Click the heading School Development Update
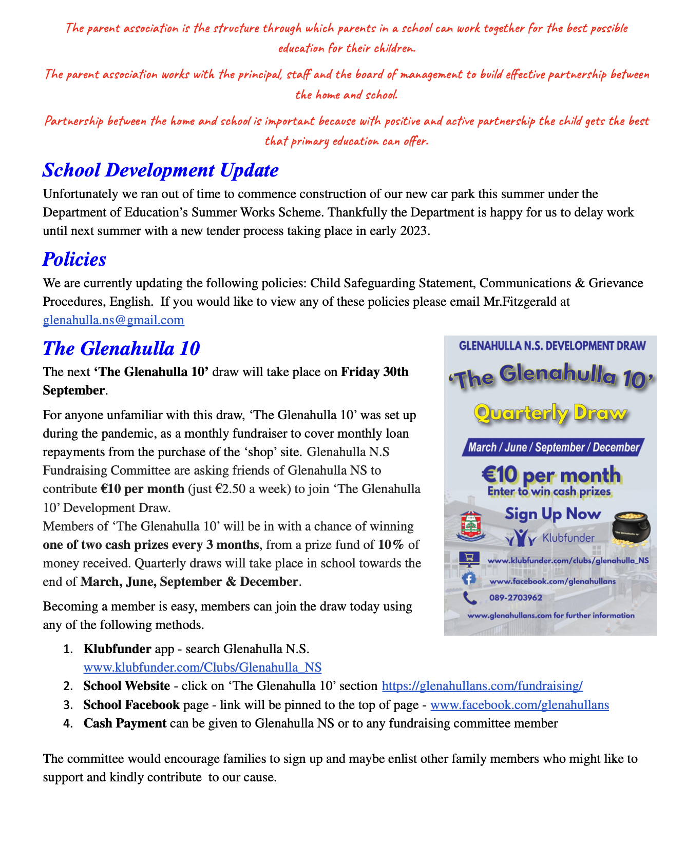(x=161, y=170)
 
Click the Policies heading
(x=74, y=260)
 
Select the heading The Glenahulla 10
(x=121, y=349)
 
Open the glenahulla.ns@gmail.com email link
(x=113, y=321)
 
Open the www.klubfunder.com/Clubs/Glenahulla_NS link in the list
(x=202, y=667)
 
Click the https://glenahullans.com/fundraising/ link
(x=482, y=686)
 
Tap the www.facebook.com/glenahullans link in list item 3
(x=519, y=705)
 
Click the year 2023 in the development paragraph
(x=413, y=231)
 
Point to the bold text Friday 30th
(x=375, y=372)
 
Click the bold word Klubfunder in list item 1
(x=117, y=649)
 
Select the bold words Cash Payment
(x=125, y=723)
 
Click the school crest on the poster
(x=469, y=525)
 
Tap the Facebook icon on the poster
(x=468, y=579)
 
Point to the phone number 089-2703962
(x=516, y=598)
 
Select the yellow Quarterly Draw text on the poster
(x=550, y=414)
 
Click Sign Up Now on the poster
(x=552, y=514)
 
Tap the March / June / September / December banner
(x=553, y=447)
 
